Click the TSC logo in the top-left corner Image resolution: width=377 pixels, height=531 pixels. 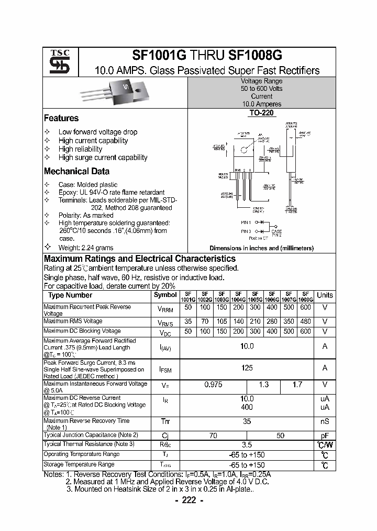pyautogui.click(x=56, y=62)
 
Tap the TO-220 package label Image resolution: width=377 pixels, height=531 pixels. pyautogui.click(x=261, y=113)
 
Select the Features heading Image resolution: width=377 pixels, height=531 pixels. pyautogui.click(x=61, y=118)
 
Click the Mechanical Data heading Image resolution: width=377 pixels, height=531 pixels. pyautogui.click(x=76, y=171)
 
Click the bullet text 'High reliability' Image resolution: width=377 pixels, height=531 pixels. pyautogui.click(x=80, y=149)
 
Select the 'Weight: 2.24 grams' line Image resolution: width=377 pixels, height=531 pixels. pyautogui.click(x=85, y=248)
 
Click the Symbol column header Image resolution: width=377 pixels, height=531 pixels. pyautogui.click(x=165, y=295)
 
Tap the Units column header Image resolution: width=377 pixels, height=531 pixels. pyautogui.click(x=325, y=295)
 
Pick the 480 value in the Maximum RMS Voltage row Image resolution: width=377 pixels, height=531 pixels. pyautogui.click(x=306, y=321)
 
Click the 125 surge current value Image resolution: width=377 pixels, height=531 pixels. pyautogui.click(x=247, y=368)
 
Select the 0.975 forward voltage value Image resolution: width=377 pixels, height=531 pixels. pyautogui.click(x=213, y=385)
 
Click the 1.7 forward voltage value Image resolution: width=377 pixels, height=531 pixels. pyautogui.click(x=297, y=385)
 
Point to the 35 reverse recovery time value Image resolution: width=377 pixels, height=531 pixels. pyautogui.click(x=247, y=421)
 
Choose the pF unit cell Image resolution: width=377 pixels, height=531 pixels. pyautogui.click(x=325, y=435)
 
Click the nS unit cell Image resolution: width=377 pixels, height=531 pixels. pyautogui.click(x=325, y=421)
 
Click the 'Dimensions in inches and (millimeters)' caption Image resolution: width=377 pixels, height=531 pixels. pyautogui.click(x=261, y=248)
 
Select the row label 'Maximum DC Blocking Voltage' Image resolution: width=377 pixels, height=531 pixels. pyautogui.click(x=82, y=331)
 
